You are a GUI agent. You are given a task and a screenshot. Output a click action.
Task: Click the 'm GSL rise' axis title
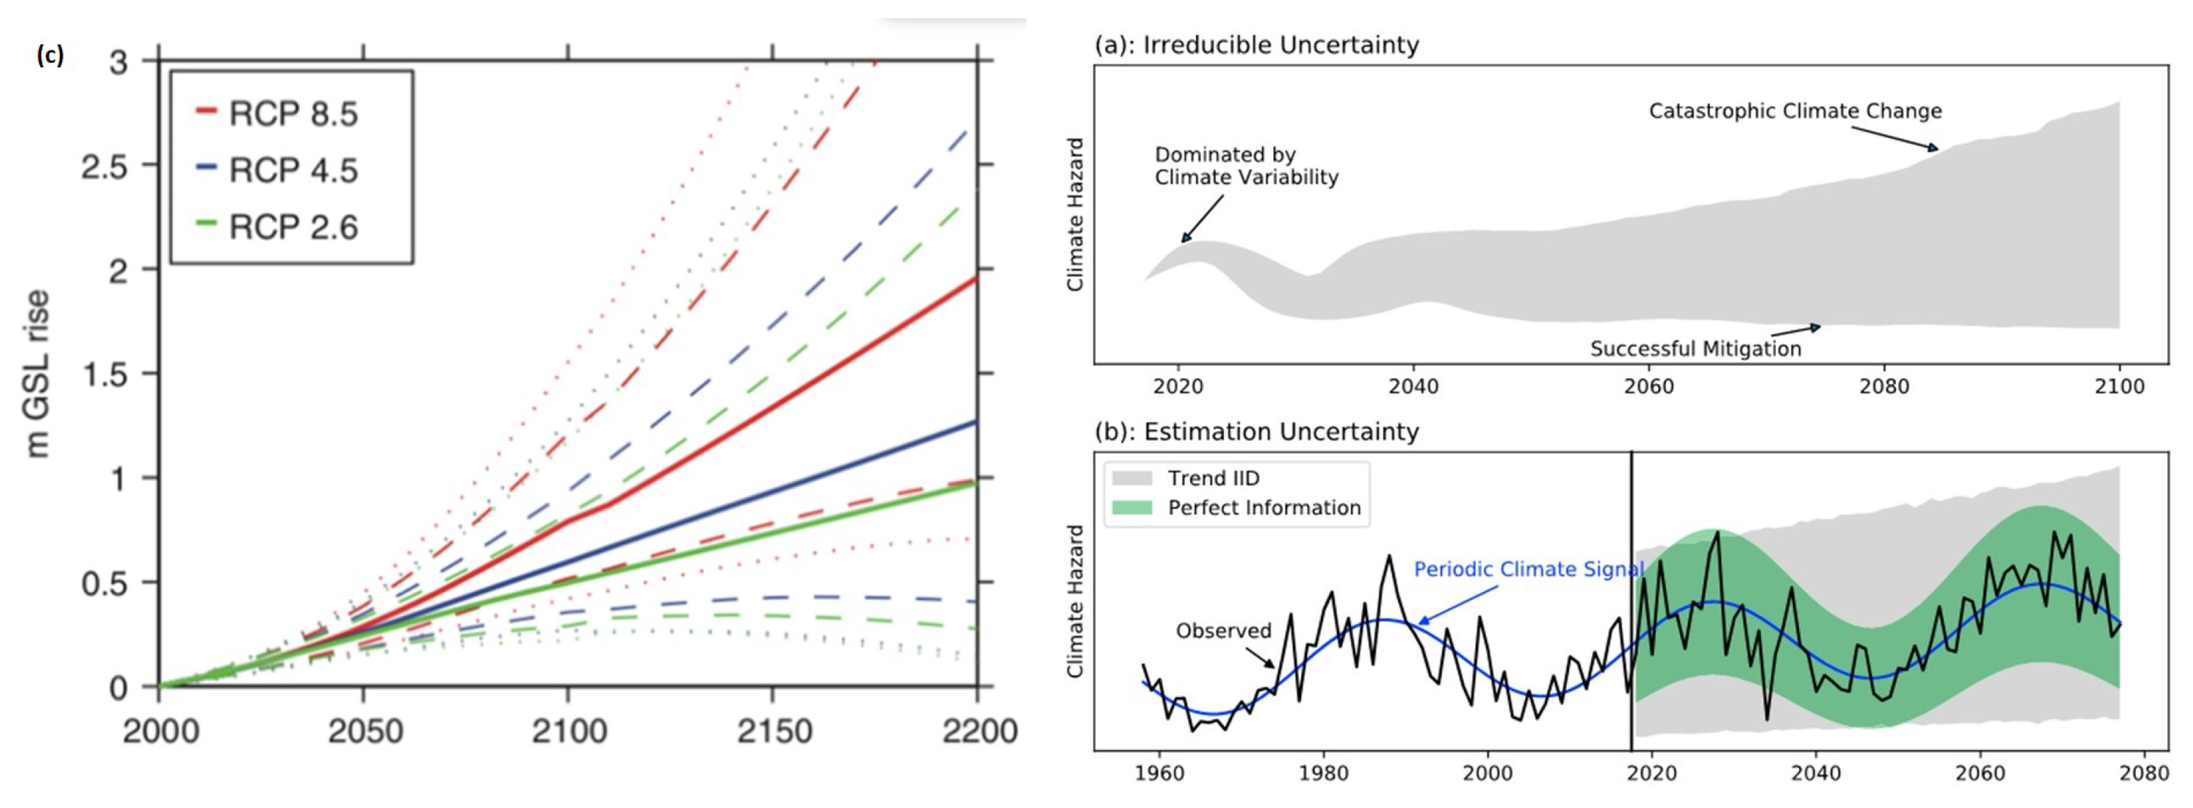pyautogui.click(x=37, y=373)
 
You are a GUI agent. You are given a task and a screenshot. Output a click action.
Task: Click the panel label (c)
pyautogui.click(x=50, y=56)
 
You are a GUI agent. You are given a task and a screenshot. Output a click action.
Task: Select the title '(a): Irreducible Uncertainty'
pyautogui.click(x=1257, y=45)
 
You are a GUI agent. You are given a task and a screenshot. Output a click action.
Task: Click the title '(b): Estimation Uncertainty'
pyautogui.click(x=1257, y=431)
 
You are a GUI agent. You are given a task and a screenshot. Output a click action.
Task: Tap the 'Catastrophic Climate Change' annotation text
pyautogui.click(x=1795, y=111)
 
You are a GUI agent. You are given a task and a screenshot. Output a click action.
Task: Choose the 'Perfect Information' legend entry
pyautogui.click(x=1263, y=507)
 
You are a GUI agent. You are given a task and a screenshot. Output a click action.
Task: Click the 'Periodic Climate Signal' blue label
pyautogui.click(x=1528, y=569)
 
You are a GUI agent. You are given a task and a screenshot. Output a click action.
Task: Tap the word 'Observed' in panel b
pyautogui.click(x=1223, y=631)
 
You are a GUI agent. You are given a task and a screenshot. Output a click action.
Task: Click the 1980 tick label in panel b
pyautogui.click(x=1323, y=773)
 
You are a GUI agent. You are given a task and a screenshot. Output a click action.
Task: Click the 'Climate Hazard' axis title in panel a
pyautogui.click(x=1075, y=215)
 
